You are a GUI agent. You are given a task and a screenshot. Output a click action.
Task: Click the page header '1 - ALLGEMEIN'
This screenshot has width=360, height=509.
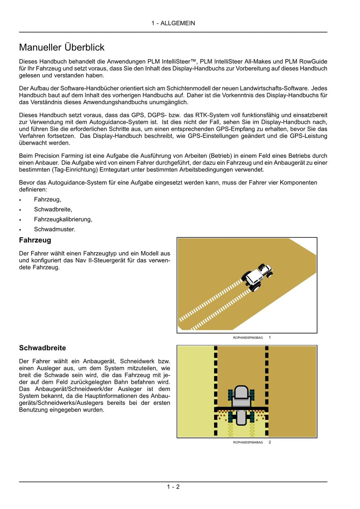click(x=173, y=23)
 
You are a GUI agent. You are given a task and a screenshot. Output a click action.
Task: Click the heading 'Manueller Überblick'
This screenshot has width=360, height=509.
click(x=62, y=47)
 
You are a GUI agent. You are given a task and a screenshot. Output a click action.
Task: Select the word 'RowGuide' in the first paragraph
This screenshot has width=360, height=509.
click(x=313, y=62)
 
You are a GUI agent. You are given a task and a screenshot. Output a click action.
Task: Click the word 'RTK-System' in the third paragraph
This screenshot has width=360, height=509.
click(x=210, y=115)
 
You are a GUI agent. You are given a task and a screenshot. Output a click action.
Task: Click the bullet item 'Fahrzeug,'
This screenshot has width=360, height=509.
click(x=47, y=199)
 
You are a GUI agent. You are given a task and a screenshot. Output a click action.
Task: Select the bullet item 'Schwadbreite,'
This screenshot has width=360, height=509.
click(x=53, y=209)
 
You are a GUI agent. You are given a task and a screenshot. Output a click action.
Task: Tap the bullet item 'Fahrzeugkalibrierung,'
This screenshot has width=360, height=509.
click(x=63, y=219)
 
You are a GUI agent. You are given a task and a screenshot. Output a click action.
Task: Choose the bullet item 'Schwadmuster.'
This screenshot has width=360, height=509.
click(x=54, y=229)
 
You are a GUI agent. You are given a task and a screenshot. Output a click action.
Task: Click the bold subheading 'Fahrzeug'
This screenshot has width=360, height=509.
click(x=35, y=240)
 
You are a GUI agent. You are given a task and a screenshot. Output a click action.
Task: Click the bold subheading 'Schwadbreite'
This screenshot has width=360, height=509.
click(x=43, y=348)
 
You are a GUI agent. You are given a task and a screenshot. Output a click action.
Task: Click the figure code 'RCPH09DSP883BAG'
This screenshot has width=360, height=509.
click(x=248, y=338)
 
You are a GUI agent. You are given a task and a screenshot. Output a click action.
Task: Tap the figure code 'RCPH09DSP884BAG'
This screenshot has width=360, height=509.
click(x=248, y=443)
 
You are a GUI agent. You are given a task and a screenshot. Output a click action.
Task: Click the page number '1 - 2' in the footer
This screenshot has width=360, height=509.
click(x=173, y=487)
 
